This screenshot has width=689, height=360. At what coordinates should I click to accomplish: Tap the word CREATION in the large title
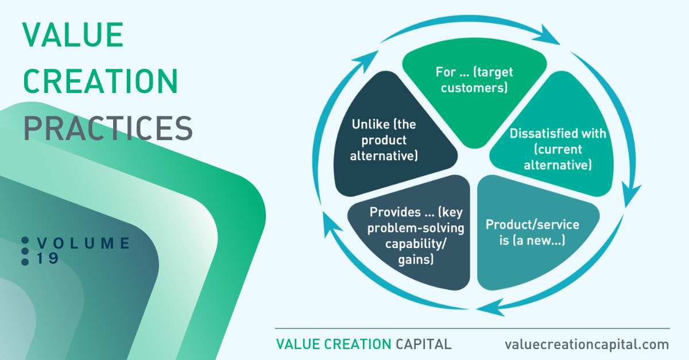tap(100, 81)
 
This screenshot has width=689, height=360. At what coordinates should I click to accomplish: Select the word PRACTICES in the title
tap(108, 128)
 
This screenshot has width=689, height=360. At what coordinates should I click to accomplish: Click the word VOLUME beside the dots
tap(83, 243)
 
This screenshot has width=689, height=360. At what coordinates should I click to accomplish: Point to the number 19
tap(47, 258)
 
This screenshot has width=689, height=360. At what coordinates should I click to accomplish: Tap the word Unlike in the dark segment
tap(370, 125)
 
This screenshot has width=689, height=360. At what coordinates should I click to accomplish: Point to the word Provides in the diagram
tap(395, 212)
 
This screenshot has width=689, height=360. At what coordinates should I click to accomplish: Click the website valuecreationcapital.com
tap(587, 344)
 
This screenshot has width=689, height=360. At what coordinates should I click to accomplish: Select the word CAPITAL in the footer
tap(424, 344)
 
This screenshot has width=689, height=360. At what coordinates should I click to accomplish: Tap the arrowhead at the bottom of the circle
tap(490, 307)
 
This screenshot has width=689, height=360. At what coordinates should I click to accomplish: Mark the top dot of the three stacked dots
tap(25, 241)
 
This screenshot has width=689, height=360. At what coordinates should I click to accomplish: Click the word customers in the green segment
tap(474, 88)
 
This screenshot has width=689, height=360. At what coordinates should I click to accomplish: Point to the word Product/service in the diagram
tap(532, 224)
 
